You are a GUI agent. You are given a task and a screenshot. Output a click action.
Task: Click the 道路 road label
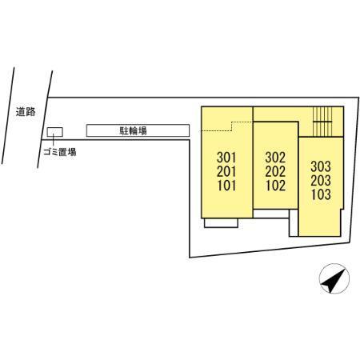point(26,112)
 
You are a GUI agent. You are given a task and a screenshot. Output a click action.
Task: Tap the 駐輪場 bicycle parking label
point(133,130)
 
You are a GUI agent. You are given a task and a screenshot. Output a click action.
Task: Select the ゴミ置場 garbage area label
point(60,152)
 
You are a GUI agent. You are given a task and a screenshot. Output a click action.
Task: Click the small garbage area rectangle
point(55,132)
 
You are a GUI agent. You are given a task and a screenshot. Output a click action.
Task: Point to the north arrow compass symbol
point(334,278)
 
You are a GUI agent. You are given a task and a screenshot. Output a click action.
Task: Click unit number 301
point(226,158)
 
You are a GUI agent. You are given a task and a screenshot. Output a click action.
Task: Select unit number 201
point(226,172)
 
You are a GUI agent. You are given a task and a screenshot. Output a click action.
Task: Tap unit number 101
point(226,186)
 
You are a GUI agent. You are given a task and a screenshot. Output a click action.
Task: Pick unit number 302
point(275,158)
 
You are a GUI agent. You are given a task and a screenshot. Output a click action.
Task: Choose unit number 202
point(275,172)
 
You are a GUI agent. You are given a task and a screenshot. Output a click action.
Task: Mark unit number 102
point(275,186)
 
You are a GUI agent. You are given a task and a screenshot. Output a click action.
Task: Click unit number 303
point(321,166)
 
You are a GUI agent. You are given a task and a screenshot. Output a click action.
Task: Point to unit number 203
point(321,181)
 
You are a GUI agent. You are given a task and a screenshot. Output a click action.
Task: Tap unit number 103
point(321,194)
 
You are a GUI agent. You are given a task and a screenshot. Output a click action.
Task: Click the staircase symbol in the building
point(322,122)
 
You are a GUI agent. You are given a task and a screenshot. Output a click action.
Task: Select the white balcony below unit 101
point(221,223)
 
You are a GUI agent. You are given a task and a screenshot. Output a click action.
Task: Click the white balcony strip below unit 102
point(271,214)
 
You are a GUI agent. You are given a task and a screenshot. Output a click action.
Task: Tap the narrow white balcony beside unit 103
point(294,222)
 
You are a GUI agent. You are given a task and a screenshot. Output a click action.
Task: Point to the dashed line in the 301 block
point(226,126)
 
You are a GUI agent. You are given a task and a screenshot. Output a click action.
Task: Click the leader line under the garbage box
point(54,140)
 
